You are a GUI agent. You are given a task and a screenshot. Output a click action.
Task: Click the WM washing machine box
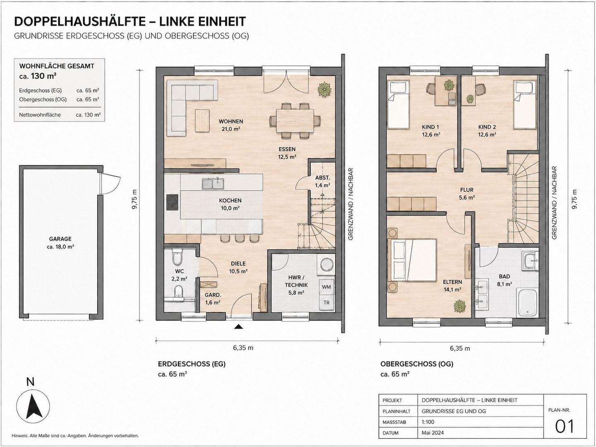pyautogui.click(x=326, y=287)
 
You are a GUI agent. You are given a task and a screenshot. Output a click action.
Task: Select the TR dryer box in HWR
pyautogui.click(x=326, y=302)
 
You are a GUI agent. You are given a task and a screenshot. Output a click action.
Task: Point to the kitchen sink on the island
pyautogui.click(x=213, y=184)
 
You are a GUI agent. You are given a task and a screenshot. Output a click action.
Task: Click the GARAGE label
pyautogui.click(x=60, y=239)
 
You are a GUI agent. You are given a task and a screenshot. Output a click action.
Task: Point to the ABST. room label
pyautogui.click(x=322, y=178)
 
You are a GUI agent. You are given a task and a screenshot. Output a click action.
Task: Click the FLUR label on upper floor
pyautogui.click(x=467, y=190)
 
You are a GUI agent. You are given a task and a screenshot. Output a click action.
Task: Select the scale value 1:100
pyautogui.click(x=428, y=422)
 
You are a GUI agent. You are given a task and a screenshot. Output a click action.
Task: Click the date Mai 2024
pyautogui.click(x=433, y=433)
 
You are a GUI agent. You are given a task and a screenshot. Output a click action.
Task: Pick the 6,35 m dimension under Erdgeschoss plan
pyautogui.click(x=243, y=348)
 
